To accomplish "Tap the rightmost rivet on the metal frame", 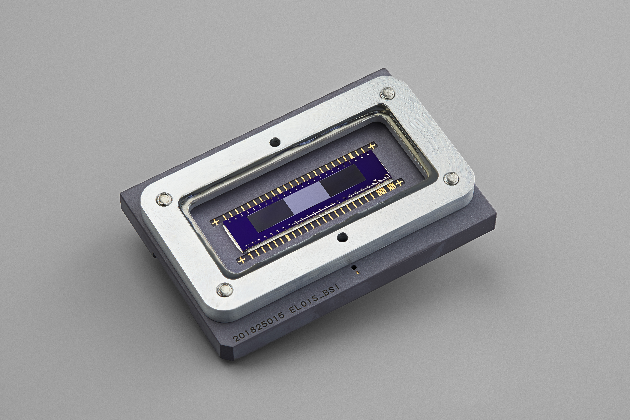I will point(451,178).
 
